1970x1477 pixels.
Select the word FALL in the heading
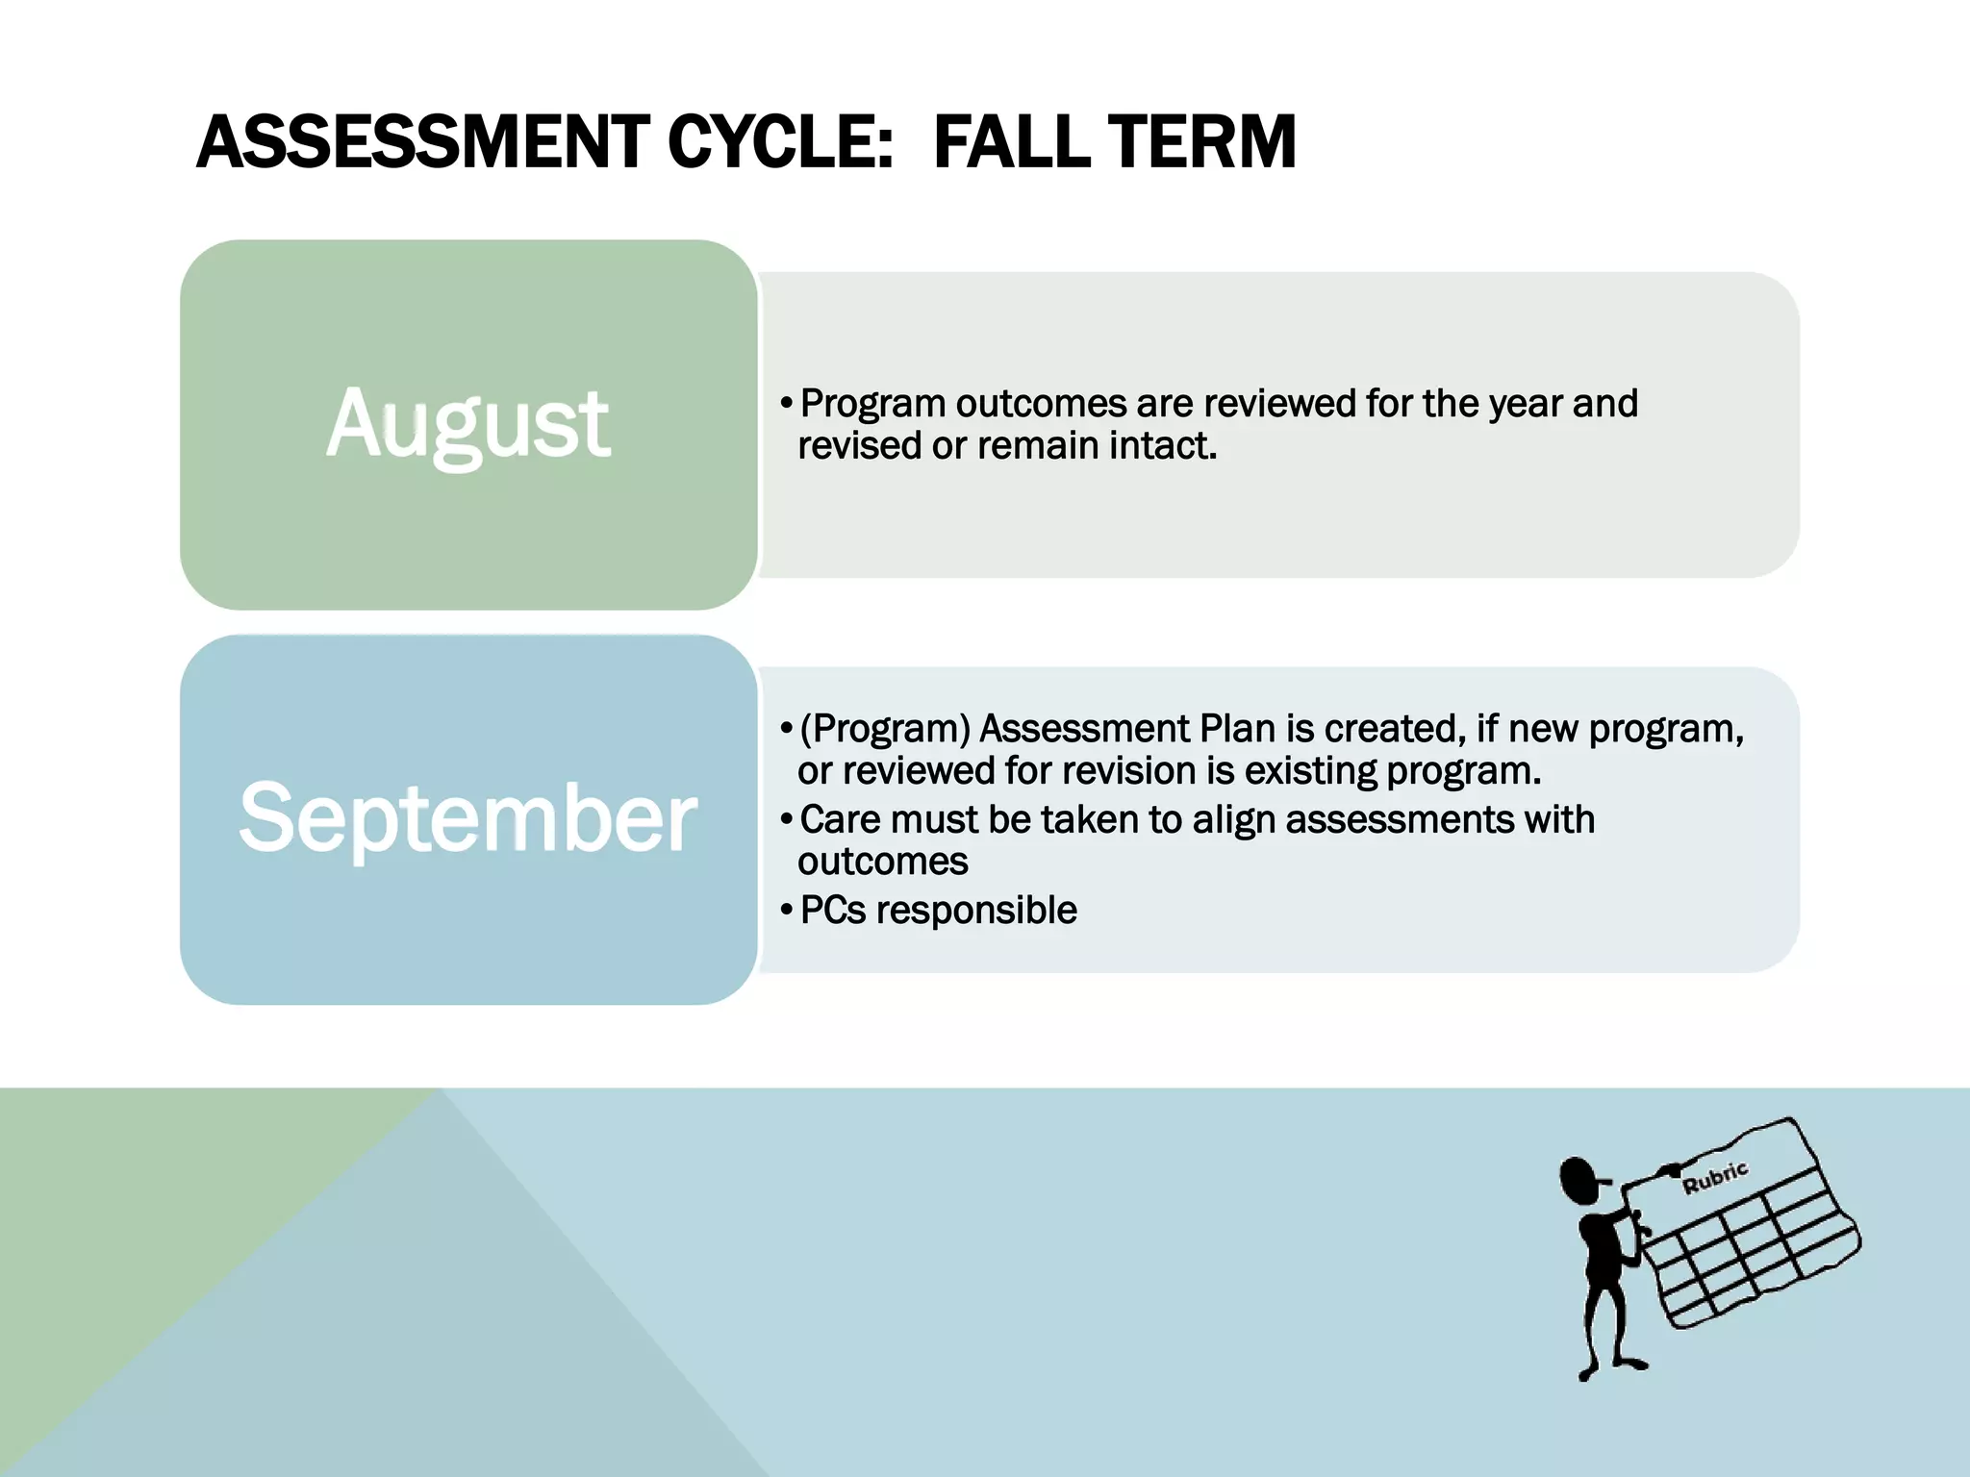point(1007,142)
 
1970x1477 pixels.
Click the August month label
point(467,424)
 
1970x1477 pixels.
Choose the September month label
point(467,818)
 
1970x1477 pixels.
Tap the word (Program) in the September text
point(885,729)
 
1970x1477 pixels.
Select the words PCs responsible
point(938,911)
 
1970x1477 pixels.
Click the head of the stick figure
point(1578,1181)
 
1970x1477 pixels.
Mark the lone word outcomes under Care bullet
point(882,862)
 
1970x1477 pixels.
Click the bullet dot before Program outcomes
point(787,404)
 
